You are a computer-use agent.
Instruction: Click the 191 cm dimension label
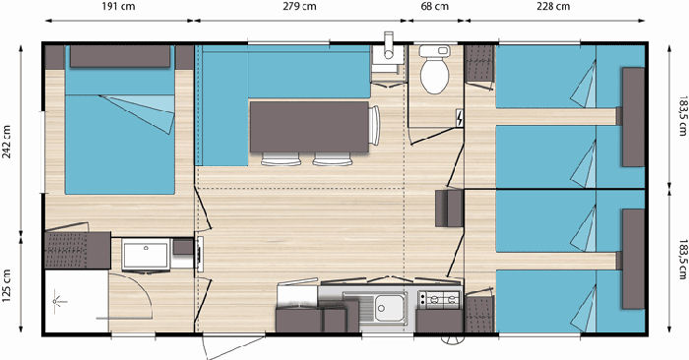click(119, 7)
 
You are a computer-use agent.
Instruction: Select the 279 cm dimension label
click(299, 7)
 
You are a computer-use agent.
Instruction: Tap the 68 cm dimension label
click(435, 7)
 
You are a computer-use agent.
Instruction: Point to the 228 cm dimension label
click(553, 7)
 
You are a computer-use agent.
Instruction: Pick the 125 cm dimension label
click(7, 286)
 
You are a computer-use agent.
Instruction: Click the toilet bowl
click(435, 70)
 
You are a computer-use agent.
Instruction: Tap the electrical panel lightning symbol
click(460, 118)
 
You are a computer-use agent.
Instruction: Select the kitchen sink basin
click(389, 308)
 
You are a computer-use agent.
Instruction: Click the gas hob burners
click(439, 299)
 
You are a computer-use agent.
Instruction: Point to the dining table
click(309, 127)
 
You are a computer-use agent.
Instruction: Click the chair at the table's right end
click(374, 126)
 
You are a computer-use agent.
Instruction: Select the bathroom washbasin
click(146, 254)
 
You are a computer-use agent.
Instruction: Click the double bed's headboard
click(120, 56)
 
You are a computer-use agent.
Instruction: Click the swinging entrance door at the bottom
click(234, 346)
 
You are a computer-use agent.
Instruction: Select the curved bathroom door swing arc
click(136, 295)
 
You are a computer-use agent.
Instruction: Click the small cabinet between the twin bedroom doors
click(449, 209)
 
